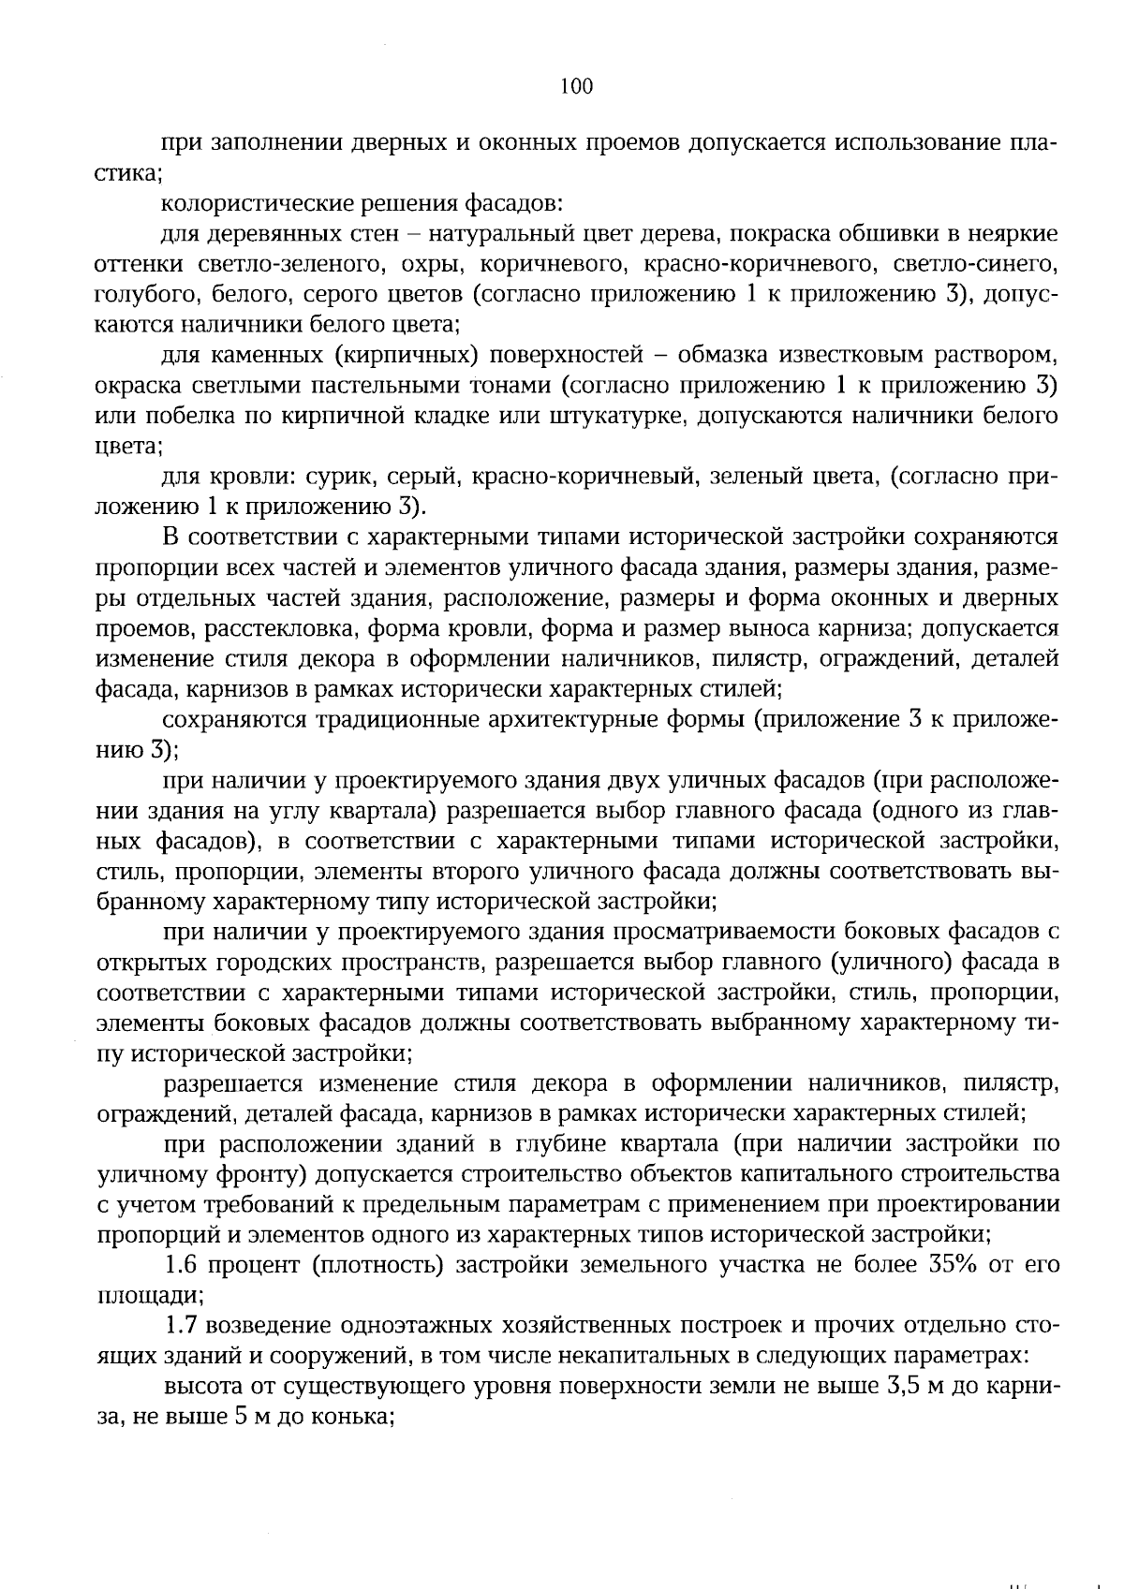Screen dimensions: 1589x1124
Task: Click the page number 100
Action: click(x=576, y=87)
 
